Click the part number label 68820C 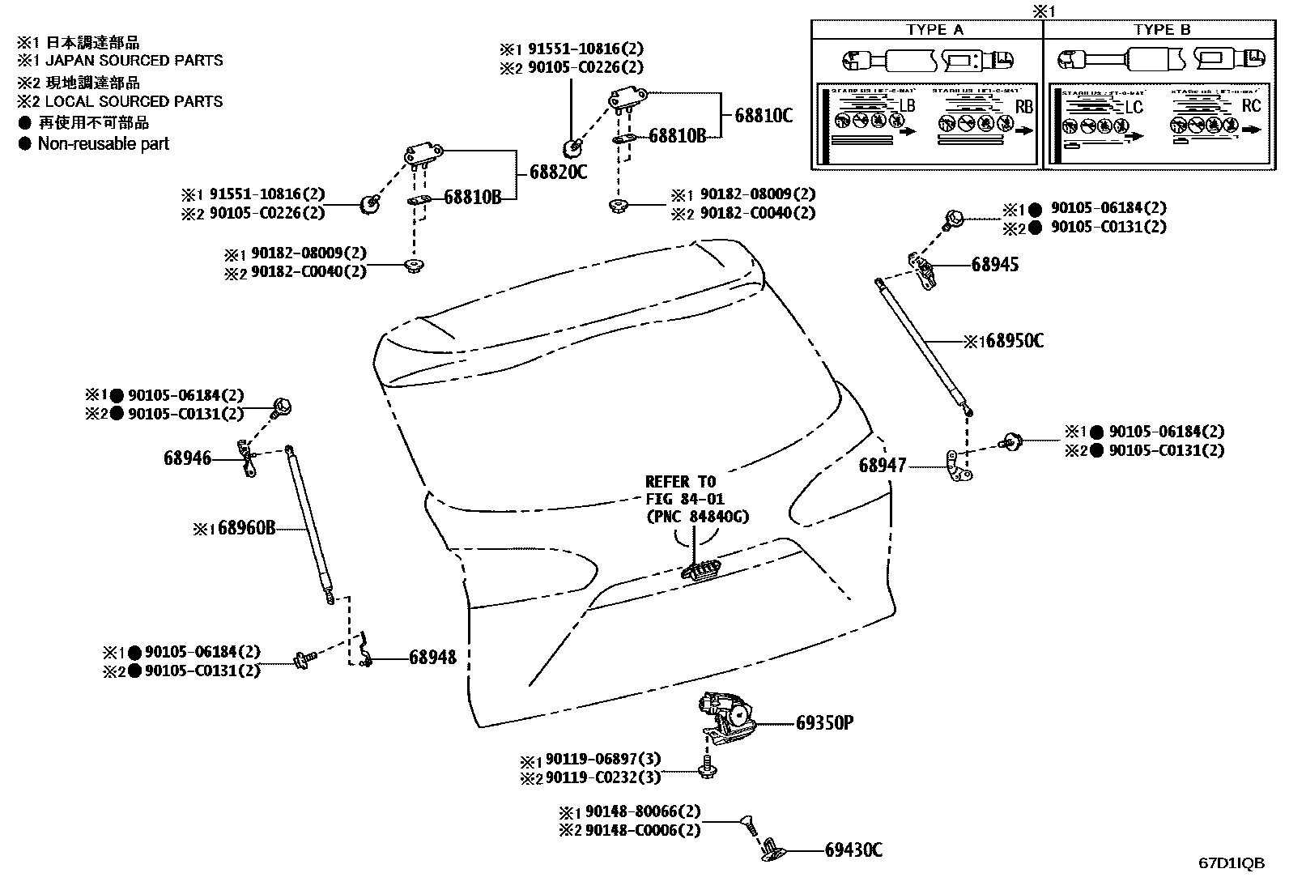[x=558, y=172]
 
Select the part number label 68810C [x=764, y=116]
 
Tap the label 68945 [x=995, y=265]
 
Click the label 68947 [x=883, y=466]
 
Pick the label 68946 [x=187, y=458]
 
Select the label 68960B [x=246, y=529]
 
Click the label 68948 [x=432, y=658]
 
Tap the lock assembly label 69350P [x=824, y=722]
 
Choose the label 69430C [x=853, y=850]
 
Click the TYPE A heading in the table [x=934, y=30]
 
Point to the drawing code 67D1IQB [x=1232, y=863]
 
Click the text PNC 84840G [x=697, y=516]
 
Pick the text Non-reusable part [x=104, y=143]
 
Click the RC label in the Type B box [x=1251, y=106]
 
